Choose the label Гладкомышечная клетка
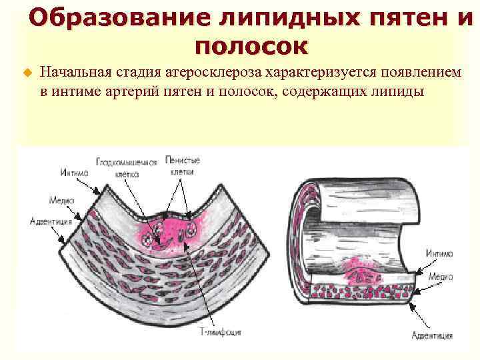[x=126, y=167]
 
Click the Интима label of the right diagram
[x=441, y=253]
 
